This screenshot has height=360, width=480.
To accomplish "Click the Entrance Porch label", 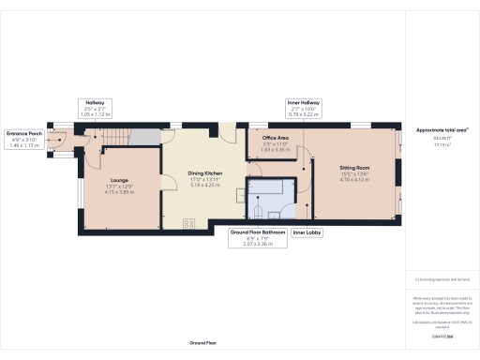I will (x=22, y=133).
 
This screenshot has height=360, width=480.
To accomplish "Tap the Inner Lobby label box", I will (x=307, y=233).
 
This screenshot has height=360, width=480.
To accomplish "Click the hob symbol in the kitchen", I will (x=187, y=223).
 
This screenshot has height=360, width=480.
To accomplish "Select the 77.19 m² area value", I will (x=442, y=145).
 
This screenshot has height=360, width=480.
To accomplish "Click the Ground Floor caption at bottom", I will (x=203, y=344).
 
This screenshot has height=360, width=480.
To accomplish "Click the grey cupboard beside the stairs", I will (x=142, y=138).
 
